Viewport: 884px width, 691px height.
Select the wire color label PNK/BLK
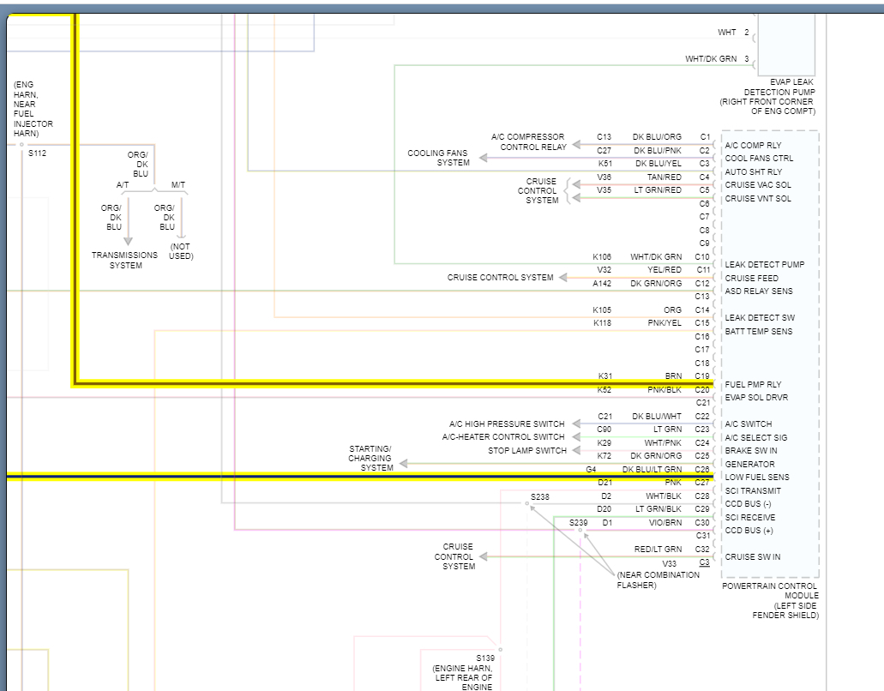(665, 389)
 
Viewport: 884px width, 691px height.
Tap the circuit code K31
(604, 376)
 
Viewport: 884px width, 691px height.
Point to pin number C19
(702, 376)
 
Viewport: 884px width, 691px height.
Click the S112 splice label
(37, 154)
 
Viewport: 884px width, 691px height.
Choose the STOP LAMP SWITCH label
(527, 451)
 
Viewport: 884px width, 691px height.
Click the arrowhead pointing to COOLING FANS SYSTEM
(483, 158)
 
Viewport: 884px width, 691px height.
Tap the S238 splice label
(540, 497)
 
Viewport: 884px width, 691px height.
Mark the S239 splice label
(579, 522)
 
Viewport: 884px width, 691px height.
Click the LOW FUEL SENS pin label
(757, 478)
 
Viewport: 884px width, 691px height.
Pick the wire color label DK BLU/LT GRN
(652, 470)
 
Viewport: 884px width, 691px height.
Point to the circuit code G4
(591, 470)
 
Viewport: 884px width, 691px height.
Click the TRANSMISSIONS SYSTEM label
(125, 260)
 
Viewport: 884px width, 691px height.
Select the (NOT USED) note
(181, 251)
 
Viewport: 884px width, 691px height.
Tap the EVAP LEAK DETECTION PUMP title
(767, 96)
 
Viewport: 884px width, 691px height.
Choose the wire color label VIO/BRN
(666, 522)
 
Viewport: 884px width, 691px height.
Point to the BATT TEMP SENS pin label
(759, 331)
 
